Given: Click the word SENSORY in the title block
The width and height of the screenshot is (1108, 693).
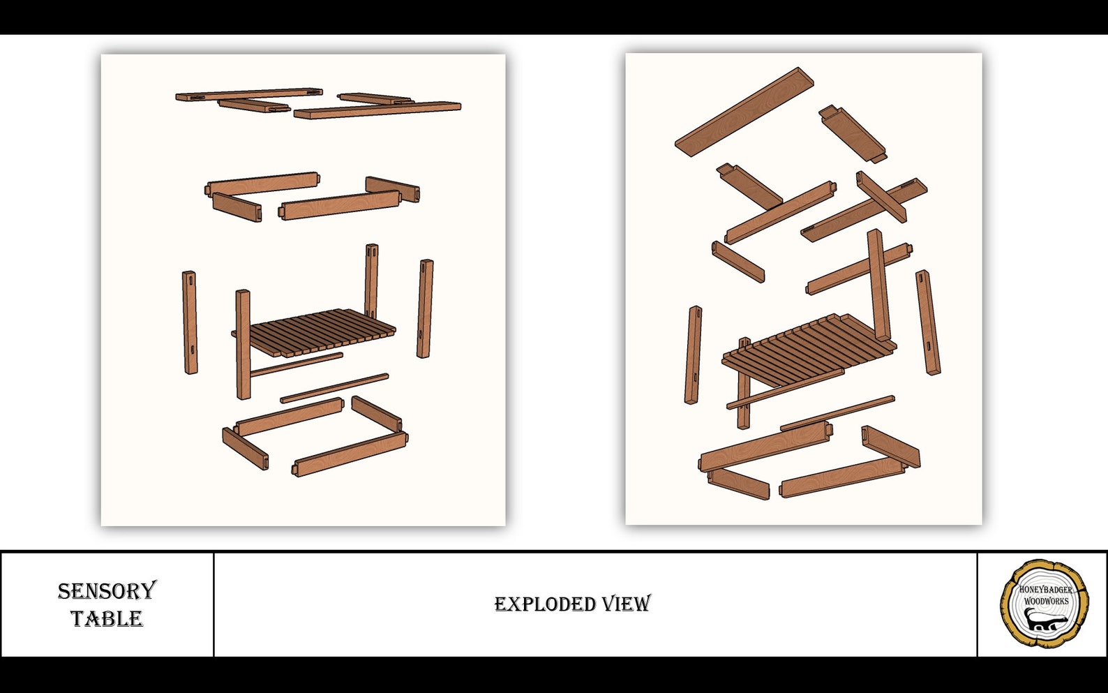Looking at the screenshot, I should pos(107,591).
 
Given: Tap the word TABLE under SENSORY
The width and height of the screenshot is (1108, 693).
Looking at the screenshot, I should pos(107,618).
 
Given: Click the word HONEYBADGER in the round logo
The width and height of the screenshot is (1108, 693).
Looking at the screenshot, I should pos(1045,589).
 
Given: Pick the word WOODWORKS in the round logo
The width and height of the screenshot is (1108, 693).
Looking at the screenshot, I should pos(1046,601).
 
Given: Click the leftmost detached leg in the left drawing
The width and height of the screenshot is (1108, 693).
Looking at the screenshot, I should pos(190,322).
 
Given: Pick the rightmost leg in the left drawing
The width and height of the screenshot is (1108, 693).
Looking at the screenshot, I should pos(425,308).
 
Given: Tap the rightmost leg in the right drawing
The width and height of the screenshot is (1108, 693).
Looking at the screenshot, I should pos(928,322).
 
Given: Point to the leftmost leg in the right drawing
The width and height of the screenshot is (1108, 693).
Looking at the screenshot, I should pos(694,355).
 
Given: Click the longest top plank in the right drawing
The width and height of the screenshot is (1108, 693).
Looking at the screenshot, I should pos(744,112).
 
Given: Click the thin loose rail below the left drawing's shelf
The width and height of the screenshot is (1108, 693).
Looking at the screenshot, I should pos(334,388).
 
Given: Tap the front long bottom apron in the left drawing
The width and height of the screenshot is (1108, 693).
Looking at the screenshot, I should pos(350,454).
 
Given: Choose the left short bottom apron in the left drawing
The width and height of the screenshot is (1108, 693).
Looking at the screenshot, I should pos(245,448).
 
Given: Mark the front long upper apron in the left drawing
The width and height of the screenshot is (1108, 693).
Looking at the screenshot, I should pos(340,205).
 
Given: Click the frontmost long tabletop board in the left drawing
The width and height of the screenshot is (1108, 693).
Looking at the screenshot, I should pos(377,110).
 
